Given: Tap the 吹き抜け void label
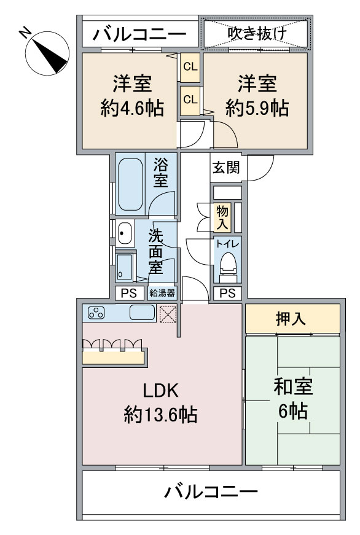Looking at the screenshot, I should [256, 34].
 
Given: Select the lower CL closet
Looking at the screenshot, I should [190, 99].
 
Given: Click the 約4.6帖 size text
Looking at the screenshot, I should [132, 109].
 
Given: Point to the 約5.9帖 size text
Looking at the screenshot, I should [257, 109].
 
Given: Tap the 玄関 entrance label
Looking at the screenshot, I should [225, 168].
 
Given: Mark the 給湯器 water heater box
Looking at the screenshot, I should [162, 292].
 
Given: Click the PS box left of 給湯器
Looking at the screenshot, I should [129, 292].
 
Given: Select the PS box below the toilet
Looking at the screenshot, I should [227, 292].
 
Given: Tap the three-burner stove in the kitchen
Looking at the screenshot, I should [97, 313].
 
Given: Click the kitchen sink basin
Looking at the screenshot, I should [142, 313].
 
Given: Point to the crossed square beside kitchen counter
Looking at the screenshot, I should [168, 314].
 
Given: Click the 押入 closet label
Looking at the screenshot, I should [292, 319].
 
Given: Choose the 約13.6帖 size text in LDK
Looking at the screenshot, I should [160, 416].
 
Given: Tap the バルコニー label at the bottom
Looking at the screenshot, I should [211, 492].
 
